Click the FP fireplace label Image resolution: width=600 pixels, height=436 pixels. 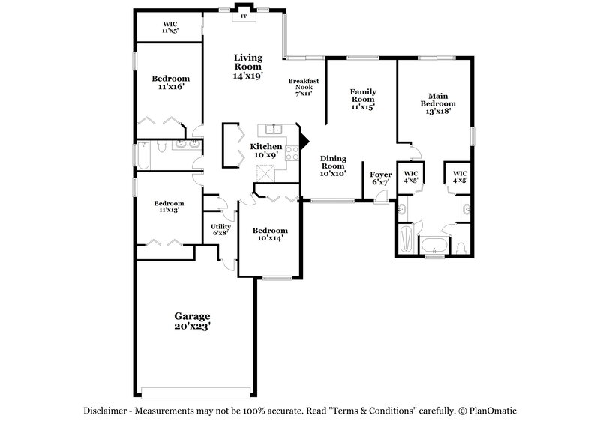click(x=243, y=15)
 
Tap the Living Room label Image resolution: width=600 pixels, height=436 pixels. click(x=248, y=66)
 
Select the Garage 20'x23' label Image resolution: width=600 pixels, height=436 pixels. click(x=192, y=321)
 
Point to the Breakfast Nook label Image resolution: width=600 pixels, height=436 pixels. click(x=304, y=87)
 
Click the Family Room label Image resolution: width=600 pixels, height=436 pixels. click(x=362, y=99)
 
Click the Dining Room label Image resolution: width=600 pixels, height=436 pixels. click(x=332, y=166)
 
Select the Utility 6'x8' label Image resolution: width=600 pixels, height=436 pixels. click(x=220, y=229)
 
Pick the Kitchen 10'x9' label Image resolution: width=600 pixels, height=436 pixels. click(x=266, y=150)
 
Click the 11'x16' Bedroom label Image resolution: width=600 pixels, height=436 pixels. click(x=170, y=82)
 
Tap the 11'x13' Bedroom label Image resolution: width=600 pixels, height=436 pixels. click(x=169, y=207)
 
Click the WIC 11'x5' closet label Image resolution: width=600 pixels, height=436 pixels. click(x=169, y=28)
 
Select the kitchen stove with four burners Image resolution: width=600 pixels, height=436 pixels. click(x=290, y=160)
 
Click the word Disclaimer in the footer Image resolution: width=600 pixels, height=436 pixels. click(x=103, y=411)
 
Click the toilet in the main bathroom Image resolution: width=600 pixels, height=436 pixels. click(x=462, y=246)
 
